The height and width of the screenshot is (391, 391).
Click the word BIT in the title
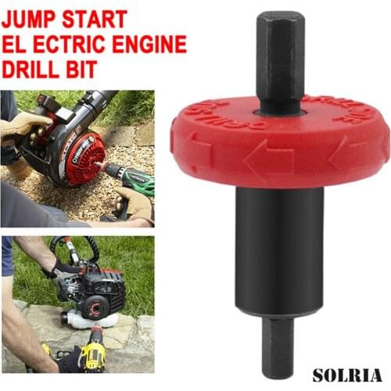pos(83,70)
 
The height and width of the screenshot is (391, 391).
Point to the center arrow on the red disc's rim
pos(270,160)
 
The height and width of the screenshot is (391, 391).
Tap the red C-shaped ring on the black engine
pos(98,301)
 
